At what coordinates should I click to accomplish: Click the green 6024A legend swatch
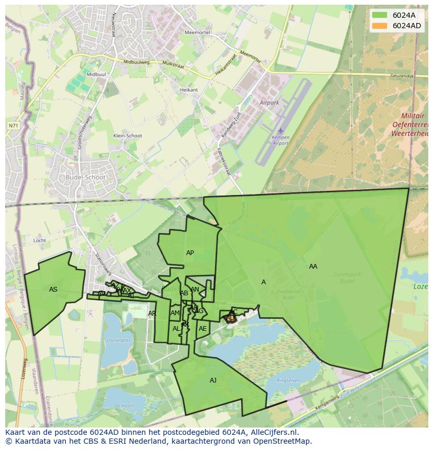380,15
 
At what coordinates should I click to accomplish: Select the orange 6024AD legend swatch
380,26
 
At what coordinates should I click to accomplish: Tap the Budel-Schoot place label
86,177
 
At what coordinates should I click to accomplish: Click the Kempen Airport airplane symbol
280,130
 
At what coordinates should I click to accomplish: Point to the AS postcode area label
53,290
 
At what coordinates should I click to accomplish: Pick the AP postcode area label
190,253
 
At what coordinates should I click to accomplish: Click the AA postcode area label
313,267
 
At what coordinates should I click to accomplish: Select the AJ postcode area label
213,380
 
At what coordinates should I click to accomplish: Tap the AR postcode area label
152,314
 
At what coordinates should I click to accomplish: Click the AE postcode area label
202,329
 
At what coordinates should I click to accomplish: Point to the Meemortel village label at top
197,32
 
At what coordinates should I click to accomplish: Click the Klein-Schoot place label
128,136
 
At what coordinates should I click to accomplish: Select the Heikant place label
189,90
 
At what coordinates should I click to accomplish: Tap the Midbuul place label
96,75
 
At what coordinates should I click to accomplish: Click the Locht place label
40,240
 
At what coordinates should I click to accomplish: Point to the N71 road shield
13,125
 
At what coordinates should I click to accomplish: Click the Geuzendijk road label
402,76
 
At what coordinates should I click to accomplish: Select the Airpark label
269,103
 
